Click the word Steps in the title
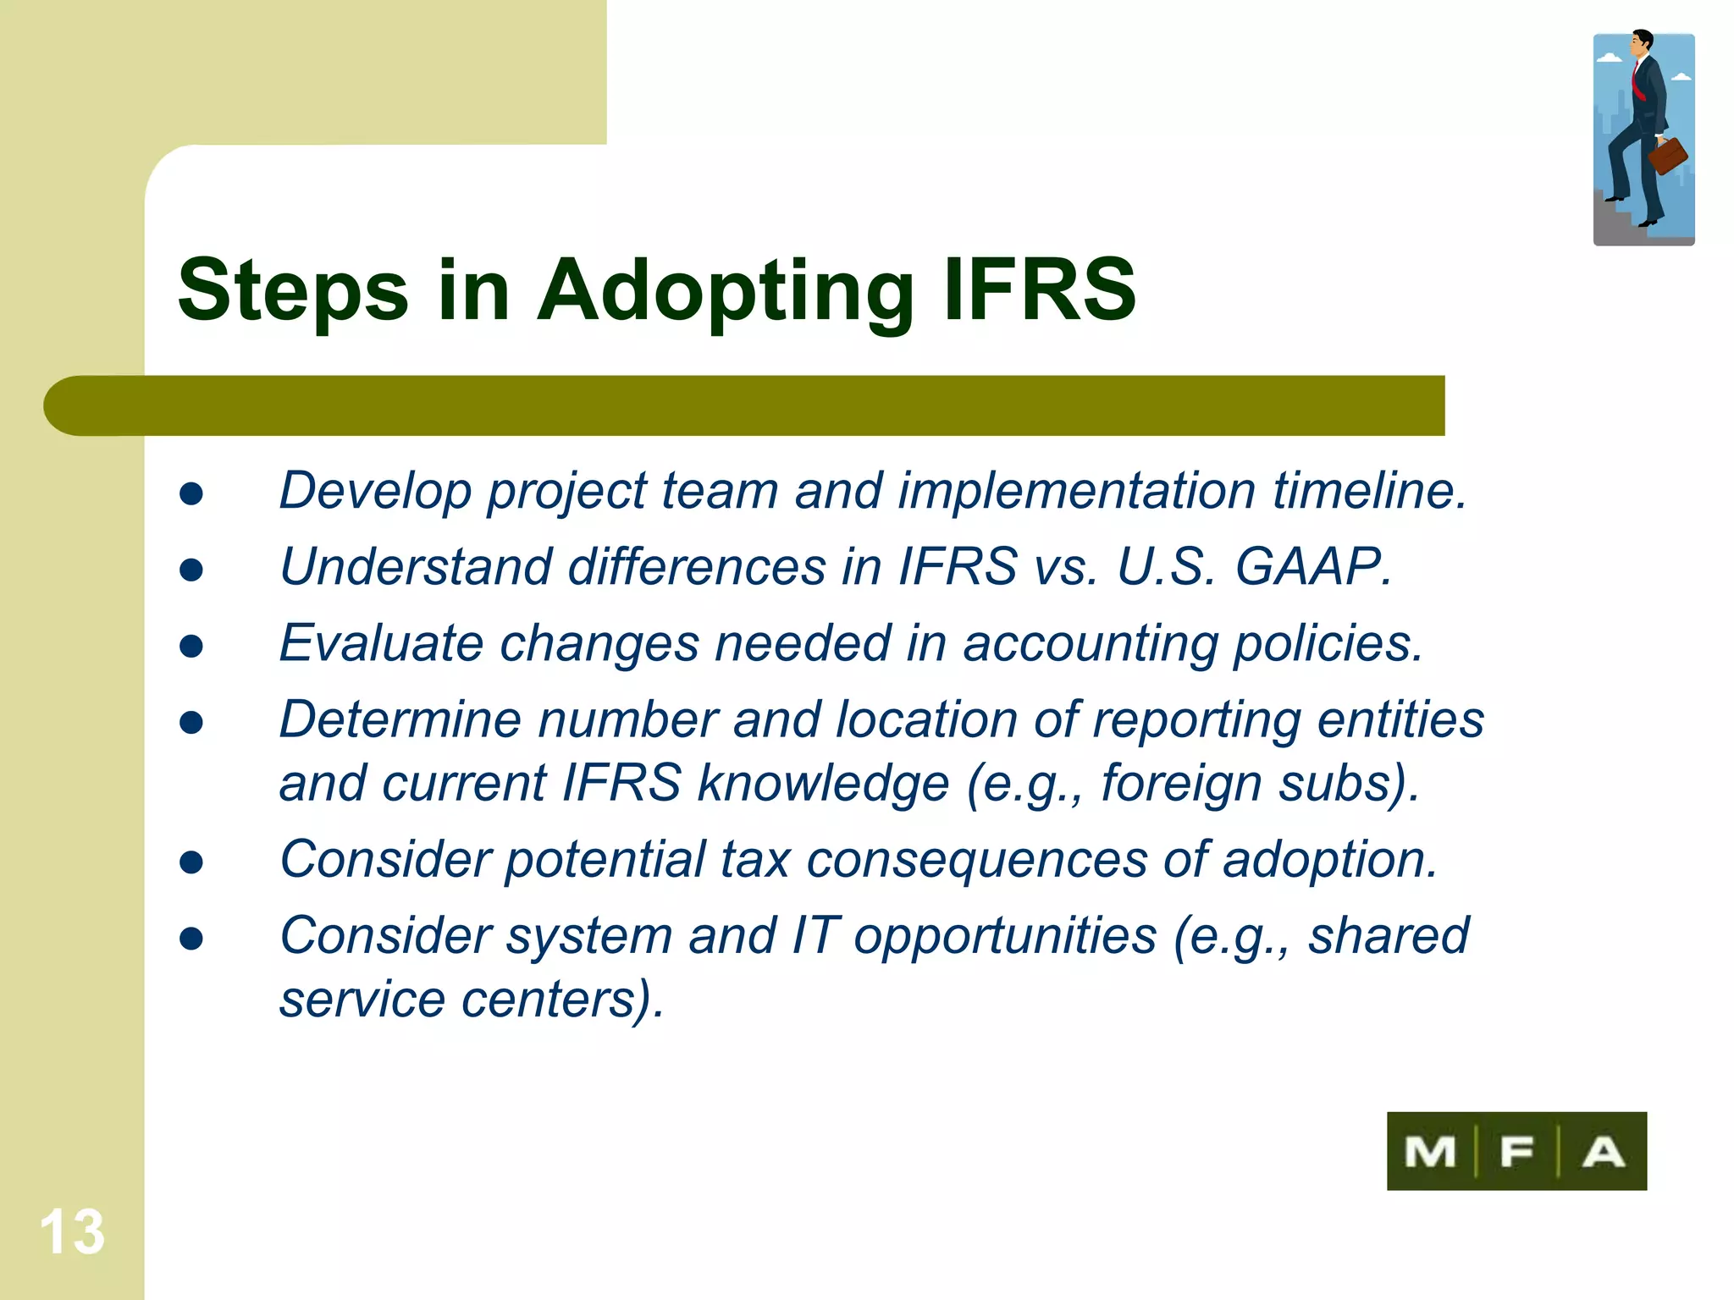point(293,292)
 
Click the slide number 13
point(72,1231)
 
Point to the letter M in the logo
point(1430,1152)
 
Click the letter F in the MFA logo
point(1516,1152)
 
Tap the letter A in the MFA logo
point(1603,1152)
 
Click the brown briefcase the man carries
point(1667,156)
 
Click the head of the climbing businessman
point(1643,42)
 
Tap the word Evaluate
point(382,643)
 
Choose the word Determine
point(400,720)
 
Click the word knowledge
point(823,784)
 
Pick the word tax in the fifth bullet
point(756,860)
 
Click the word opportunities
point(1005,936)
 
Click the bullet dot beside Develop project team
point(191,494)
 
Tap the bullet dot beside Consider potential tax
point(191,862)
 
